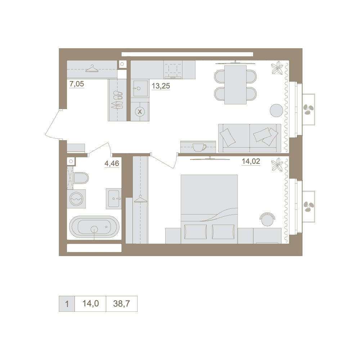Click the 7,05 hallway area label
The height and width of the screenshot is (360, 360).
click(x=77, y=84)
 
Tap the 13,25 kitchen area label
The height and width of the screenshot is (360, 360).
click(x=161, y=86)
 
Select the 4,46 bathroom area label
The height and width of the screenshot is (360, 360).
click(x=112, y=163)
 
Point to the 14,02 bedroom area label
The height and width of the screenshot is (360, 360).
click(x=251, y=161)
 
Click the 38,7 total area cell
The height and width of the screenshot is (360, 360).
click(x=121, y=303)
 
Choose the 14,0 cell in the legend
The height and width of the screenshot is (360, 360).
click(x=90, y=303)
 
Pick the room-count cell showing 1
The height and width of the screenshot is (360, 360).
click(x=67, y=303)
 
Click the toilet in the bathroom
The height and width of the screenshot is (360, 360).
click(x=81, y=178)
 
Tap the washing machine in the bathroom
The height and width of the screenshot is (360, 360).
click(x=76, y=199)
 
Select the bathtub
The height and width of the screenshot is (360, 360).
click(x=94, y=227)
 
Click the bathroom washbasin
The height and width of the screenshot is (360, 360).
click(x=114, y=199)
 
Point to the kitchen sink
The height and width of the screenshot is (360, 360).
click(x=140, y=89)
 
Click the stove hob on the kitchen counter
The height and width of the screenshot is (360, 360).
click(x=173, y=69)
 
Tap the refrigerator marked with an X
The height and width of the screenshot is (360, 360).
click(x=140, y=112)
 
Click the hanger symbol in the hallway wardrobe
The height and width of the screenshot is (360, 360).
click(x=92, y=68)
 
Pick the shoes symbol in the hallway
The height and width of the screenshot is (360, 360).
click(x=117, y=100)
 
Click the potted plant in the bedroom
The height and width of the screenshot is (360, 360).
click(x=277, y=165)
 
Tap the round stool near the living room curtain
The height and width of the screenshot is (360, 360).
click(x=276, y=111)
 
